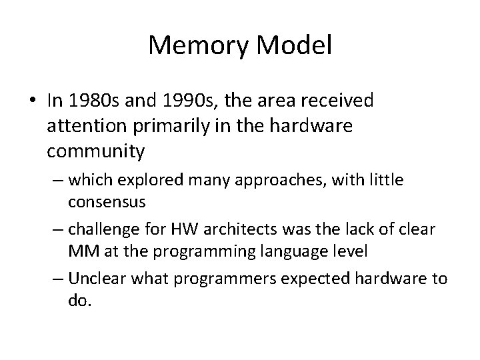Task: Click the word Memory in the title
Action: click(x=197, y=46)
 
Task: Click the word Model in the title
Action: click(x=295, y=46)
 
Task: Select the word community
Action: click(x=96, y=151)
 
